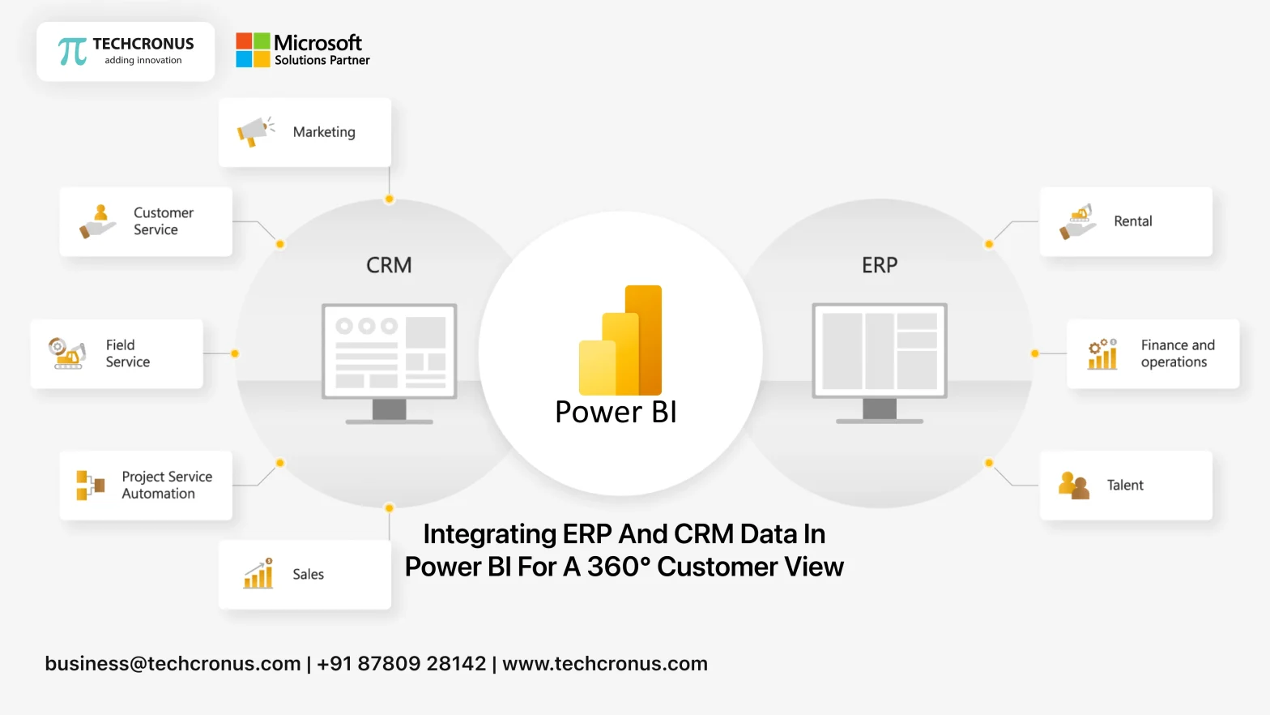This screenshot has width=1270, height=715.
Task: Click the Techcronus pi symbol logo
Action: [72, 51]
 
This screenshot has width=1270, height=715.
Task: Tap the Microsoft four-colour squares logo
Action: [253, 50]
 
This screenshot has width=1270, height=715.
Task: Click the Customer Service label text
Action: [163, 221]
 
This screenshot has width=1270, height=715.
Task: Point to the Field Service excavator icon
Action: [67, 353]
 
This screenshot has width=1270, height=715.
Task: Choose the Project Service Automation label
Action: [167, 485]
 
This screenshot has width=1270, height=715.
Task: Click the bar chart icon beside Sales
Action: [258, 574]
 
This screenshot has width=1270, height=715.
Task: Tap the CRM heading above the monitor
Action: [389, 265]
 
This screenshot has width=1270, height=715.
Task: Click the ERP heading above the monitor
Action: [880, 265]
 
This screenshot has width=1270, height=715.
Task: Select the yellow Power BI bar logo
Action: [621, 341]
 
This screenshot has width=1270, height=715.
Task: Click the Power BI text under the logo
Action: [616, 412]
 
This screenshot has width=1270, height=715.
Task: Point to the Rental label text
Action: [1132, 221]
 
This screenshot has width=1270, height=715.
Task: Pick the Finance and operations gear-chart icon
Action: [1102, 353]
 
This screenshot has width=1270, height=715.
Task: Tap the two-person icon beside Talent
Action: [1073, 486]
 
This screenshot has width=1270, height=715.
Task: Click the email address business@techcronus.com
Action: [173, 663]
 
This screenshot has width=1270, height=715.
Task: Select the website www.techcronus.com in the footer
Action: [605, 663]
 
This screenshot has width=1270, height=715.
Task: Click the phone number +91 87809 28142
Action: [401, 663]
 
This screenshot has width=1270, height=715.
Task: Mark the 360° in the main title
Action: [618, 567]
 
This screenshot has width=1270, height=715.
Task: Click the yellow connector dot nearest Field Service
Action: [235, 353]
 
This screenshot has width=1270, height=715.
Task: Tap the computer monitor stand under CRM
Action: [390, 412]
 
